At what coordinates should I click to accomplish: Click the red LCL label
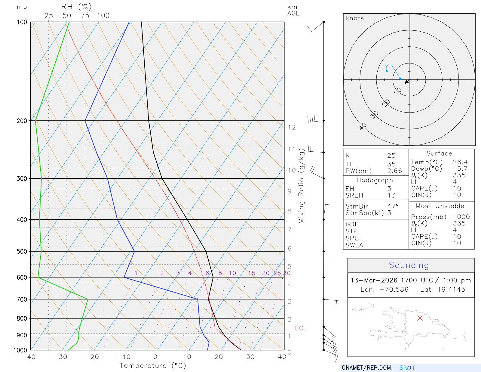click(301, 328)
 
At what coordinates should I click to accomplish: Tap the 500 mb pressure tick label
click(22, 251)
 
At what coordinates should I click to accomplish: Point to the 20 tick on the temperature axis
click(219, 357)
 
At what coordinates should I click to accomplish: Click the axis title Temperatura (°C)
click(153, 366)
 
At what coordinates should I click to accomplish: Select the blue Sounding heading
click(409, 265)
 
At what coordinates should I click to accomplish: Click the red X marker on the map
click(420, 318)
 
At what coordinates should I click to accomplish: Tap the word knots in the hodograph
click(354, 18)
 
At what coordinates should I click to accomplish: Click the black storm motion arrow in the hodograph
click(407, 82)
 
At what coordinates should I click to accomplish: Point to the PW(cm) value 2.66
click(394, 171)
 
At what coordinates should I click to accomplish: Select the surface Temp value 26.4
click(460, 162)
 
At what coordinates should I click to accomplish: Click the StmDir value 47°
click(393, 206)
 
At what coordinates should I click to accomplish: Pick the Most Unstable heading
click(440, 206)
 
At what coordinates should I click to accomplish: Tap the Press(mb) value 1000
click(461, 217)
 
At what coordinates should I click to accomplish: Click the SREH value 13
click(391, 195)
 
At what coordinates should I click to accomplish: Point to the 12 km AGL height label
click(292, 128)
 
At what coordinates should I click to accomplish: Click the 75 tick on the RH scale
click(85, 16)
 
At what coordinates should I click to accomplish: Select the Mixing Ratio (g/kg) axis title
click(301, 186)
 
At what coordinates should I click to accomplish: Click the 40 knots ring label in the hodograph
click(363, 126)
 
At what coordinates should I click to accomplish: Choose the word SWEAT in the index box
click(356, 245)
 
